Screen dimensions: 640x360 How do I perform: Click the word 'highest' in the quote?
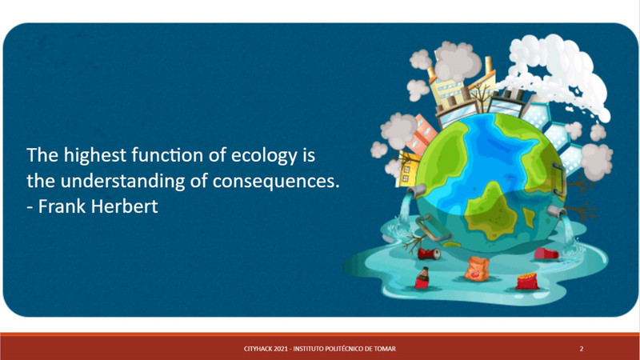point(94,156)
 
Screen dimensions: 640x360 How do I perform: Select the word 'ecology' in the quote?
point(264,156)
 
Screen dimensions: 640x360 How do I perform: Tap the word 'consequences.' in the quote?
point(276,182)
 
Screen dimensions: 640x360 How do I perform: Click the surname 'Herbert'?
point(124,206)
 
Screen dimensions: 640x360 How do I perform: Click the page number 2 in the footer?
point(582,349)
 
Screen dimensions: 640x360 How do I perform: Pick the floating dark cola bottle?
point(422,278)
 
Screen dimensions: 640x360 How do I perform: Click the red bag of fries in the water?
point(527,282)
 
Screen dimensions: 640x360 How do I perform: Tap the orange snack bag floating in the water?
point(477,269)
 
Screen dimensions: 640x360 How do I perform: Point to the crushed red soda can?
point(429,254)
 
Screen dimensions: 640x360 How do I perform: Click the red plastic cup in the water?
point(546,254)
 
